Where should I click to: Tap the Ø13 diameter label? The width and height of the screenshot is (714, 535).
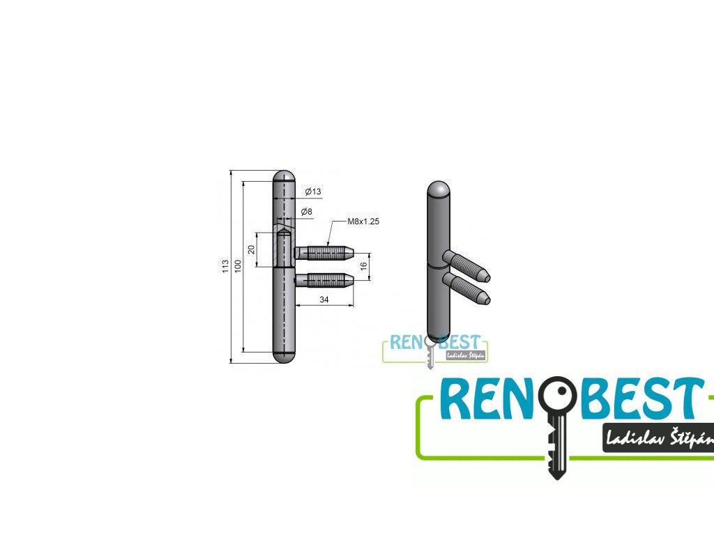[x=312, y=192]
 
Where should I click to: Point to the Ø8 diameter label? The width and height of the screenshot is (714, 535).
[x=306, y=211]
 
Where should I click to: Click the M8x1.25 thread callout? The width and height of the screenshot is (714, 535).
[x=363, y=222]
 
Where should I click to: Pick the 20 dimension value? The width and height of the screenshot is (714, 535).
[x=251, y=249]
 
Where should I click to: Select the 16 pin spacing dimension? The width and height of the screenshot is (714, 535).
[x=363, y=266]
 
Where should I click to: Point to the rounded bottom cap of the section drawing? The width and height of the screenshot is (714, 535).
[x=283, y=356]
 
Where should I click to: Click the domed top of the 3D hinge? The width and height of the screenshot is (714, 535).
[x=438, y=189]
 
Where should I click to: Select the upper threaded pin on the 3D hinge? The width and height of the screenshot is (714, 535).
[x=467, y=265]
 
